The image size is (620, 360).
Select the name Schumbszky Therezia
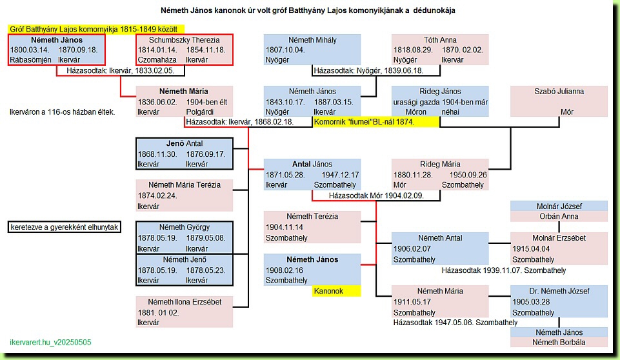[x=185, y=40]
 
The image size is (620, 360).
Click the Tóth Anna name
[x=440, y=40]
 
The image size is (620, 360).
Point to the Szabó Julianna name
[x=559, y=92]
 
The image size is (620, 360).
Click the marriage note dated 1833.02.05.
[x=120, y=71]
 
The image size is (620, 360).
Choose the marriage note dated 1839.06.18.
[x=368, y=71]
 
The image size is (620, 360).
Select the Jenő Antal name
[x=185, y=144]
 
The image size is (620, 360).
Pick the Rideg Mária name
[x=440, y=164]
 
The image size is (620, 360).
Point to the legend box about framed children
[x=65, y=227]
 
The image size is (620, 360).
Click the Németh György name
[x=185, y=228]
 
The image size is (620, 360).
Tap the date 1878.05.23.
[x=206, y=270]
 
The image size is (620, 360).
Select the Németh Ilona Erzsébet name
[x=185, y=302]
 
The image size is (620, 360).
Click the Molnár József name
[x=559, y=206]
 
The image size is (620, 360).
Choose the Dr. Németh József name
[x=559, y=291]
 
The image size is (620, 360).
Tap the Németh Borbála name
[x=559, y=343]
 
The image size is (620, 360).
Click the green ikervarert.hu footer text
[x=50, y=343]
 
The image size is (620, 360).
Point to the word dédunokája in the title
[x=434, y=11]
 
